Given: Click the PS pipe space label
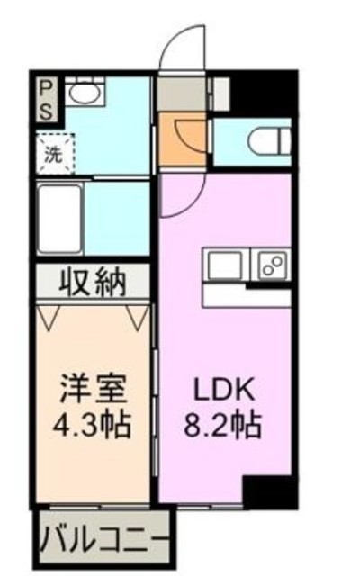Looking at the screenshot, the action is [47, 99].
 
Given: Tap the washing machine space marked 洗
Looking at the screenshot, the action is [55, 154].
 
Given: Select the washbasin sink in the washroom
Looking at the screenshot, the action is [85, 90].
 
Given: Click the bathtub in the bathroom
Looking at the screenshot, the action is [60, 219].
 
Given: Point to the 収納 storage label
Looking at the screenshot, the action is [94, 283].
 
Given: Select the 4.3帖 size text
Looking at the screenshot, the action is [92, 425].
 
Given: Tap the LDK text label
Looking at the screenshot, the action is [224, 391].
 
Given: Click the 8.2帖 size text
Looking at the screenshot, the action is [223, 425].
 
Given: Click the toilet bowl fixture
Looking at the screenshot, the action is [269, 140].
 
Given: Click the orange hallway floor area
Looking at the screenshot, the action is [182, 139].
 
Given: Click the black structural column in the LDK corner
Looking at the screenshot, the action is [270, 492].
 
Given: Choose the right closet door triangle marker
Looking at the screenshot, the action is [138, 317].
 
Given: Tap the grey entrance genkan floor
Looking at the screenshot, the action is [182, 94].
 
